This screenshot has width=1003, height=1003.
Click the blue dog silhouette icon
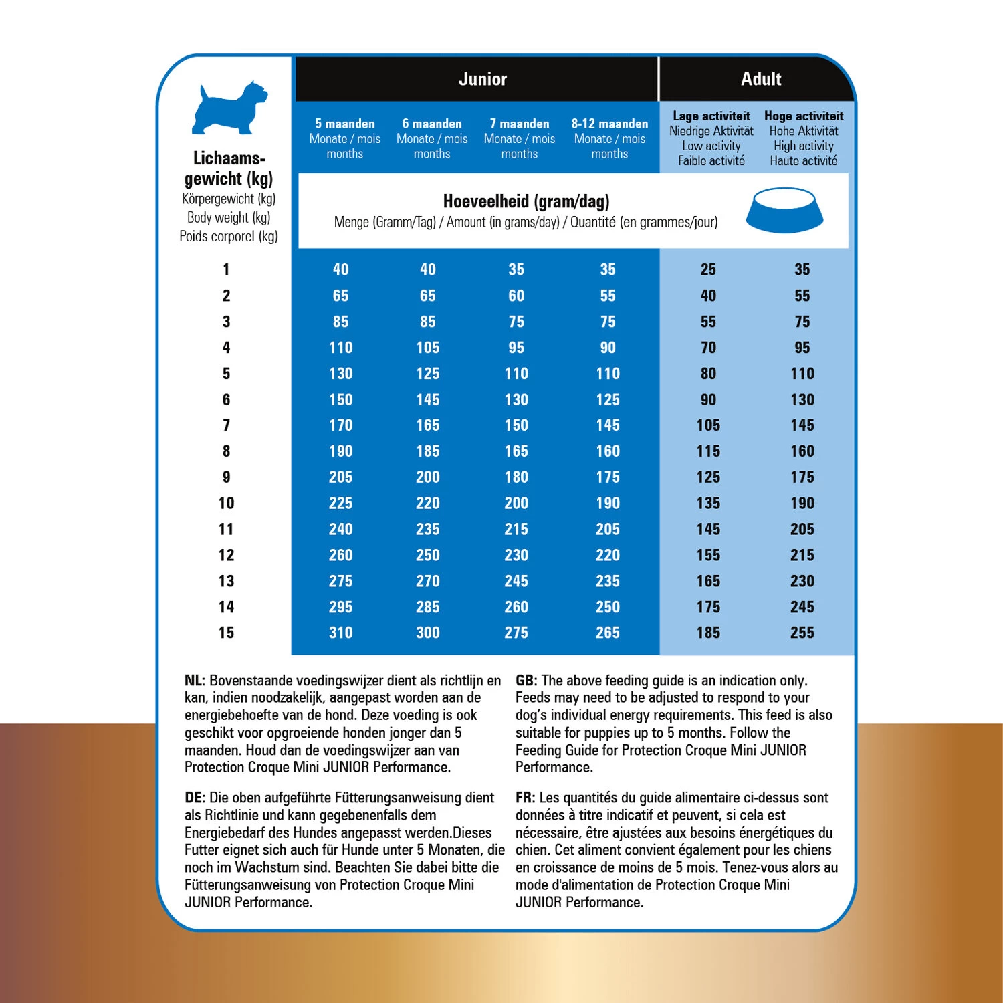[229, 108]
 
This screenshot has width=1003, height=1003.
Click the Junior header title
[482, 79]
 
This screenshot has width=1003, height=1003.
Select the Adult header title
[761, 79]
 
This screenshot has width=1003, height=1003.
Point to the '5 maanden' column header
[344, 124]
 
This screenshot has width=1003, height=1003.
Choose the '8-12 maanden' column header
[609, 124]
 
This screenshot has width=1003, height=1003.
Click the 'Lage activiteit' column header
[711, 116]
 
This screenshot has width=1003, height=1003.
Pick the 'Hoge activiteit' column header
[803, 116]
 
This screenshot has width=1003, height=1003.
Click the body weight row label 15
[226, 633]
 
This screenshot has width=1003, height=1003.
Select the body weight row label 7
[226, 425]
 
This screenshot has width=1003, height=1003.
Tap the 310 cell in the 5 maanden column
[340, 633]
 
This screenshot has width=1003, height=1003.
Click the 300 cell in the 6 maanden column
[427, 633]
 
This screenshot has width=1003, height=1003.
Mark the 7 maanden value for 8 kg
[516, 451]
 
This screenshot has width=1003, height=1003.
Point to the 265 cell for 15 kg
[607, 633]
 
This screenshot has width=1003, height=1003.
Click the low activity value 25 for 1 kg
[707, 269]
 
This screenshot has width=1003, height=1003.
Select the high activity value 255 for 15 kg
[802, 633]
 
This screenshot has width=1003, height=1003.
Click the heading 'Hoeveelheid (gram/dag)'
[526, 201]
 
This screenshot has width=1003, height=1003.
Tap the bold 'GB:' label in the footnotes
[526, 681]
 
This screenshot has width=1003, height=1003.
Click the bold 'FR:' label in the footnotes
[525, 798]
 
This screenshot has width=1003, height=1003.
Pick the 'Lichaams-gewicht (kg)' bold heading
[229, 169]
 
